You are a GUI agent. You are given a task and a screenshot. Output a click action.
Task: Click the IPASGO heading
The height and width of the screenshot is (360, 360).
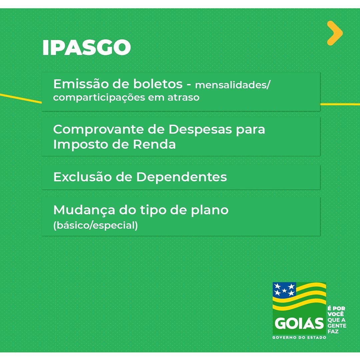[x=87, y=48]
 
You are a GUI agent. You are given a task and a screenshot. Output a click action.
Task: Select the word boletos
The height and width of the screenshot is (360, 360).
[x=158, y=84]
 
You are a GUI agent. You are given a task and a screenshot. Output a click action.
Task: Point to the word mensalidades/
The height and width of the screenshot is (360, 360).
[x=233, y=85]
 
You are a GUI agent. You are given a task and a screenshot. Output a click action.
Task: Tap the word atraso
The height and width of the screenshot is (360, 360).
[x=183, y=97]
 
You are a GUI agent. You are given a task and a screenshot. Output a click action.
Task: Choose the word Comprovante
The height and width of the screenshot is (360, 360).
[x=98, y=129]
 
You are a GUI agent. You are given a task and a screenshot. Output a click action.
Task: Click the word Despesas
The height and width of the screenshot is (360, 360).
[x=200, y=129]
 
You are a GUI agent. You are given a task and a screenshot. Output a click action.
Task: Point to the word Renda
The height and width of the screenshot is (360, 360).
[x=154, y=144]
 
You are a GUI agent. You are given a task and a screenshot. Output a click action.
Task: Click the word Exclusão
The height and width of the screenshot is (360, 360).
[x=82, y=177]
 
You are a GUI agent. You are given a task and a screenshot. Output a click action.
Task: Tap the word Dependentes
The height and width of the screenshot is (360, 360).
[x=182, y=177]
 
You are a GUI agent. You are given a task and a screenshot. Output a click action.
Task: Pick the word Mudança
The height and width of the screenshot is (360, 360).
[x=84, y=210]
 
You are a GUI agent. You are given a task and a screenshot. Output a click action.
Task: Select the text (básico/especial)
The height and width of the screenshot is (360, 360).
[x=96, y=225]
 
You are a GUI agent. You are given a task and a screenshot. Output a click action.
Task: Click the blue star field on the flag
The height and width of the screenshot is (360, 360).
[x=284, y=289]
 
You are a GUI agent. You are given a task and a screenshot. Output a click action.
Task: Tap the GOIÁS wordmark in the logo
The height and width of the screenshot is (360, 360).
[x=299, y=323]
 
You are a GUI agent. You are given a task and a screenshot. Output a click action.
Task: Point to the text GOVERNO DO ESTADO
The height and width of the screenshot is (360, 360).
[x=299, y=337]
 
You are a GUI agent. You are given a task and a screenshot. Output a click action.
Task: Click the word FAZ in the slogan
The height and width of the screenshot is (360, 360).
[x=333, y=332]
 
